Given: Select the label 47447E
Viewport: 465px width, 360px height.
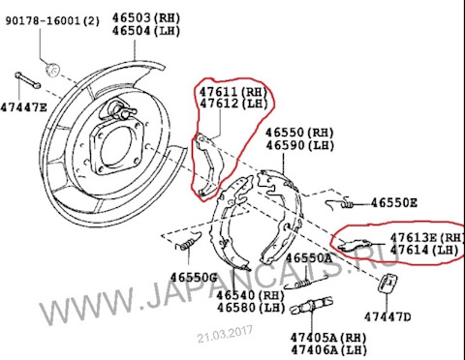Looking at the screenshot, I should (x=23, y=107).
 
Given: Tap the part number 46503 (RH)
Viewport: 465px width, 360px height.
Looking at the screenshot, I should (x=146, y=17).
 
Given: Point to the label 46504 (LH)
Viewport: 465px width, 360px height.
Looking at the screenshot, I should (x=146, y=31).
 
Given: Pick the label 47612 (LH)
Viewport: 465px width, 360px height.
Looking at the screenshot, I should (x=233, y=104).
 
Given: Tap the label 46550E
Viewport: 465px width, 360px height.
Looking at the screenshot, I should (x=394, y=204).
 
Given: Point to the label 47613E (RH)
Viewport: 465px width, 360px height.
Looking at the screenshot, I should (x=427, y=237).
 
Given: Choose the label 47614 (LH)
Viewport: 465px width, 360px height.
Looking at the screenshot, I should (x=423, y=251).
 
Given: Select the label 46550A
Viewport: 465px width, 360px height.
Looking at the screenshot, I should (x=309, y=259).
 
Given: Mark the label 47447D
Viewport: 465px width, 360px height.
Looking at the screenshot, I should (x=388, y=316).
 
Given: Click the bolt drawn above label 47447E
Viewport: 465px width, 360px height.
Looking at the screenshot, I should (x=22, y=80).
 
